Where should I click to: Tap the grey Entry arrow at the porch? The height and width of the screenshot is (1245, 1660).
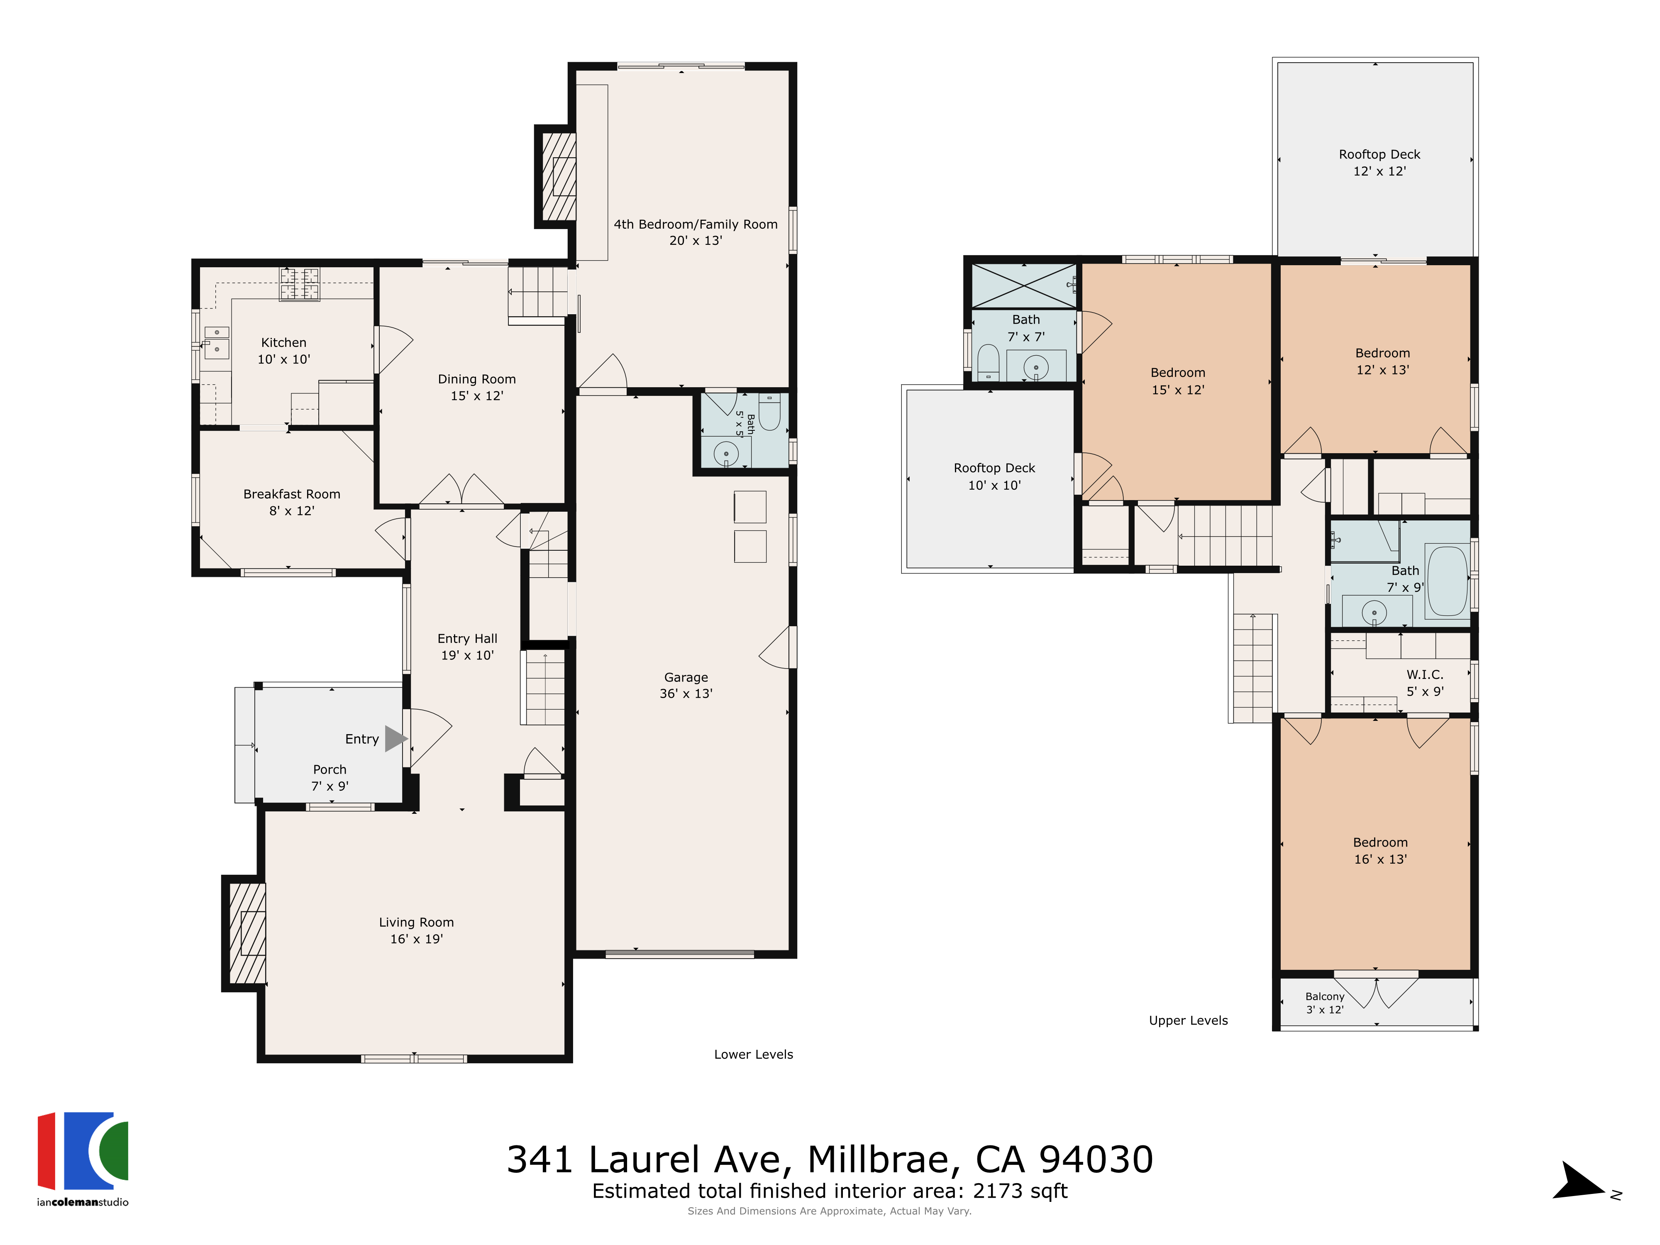(395, 738)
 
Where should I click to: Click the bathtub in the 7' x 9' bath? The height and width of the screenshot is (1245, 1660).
(1447, 581)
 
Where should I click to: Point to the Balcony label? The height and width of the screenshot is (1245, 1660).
(1325, 996)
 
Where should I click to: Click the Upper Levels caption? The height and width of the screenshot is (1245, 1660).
(1188, 1020)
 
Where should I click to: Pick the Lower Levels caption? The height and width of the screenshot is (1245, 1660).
(754, 1055)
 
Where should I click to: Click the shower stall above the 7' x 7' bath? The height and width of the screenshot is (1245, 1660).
(1024, 285)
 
